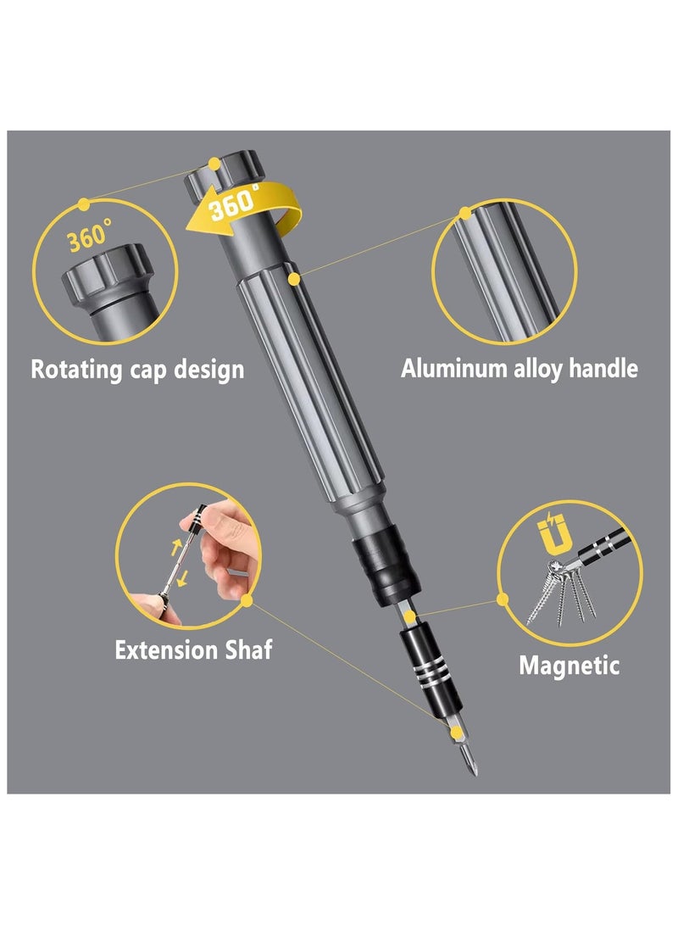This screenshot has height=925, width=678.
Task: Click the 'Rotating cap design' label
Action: coord(137,370)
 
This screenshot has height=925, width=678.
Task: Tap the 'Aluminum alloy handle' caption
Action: coord(519,369)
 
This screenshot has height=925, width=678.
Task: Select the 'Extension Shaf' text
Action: coord(193,650)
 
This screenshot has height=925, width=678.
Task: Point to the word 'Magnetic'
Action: coord(569,665)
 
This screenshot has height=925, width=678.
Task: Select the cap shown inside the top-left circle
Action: coord(107,276)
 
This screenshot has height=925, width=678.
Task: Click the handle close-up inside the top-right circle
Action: coord(504,271)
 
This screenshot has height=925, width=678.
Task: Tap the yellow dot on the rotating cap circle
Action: coord(83,204)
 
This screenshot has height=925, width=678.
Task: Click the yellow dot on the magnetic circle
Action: coord(503,599)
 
